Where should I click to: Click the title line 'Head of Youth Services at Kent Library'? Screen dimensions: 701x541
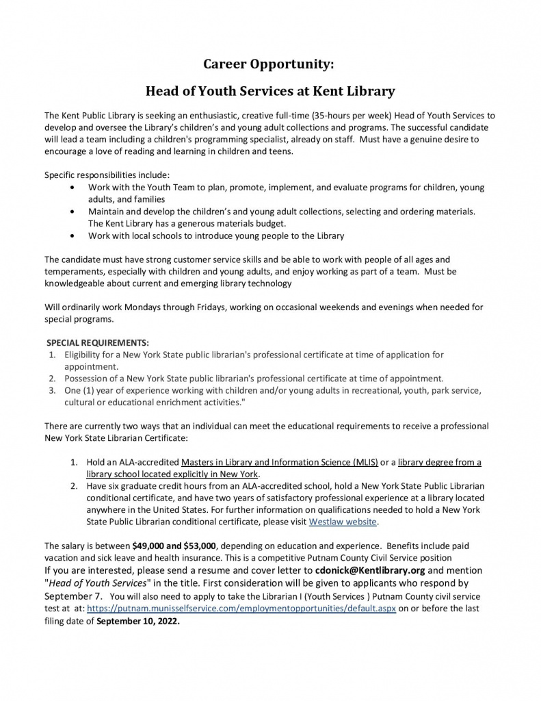(x=271, y=90)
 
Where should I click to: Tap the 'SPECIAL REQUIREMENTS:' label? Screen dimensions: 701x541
(x=97, y=342)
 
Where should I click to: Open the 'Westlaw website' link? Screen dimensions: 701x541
(x=343, y=521)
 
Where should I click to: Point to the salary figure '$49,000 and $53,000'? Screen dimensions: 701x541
(x=174, y=546)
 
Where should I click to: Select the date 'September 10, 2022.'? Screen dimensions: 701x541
(x=140, y=622)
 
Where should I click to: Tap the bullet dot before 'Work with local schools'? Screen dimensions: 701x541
(x=74, y=235)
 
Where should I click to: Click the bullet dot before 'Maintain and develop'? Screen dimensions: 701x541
(x=74, y=212)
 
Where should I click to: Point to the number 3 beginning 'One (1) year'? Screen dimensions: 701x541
(x=51, y=391)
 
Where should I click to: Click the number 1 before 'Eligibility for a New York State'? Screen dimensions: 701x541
(x=51, y=355)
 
